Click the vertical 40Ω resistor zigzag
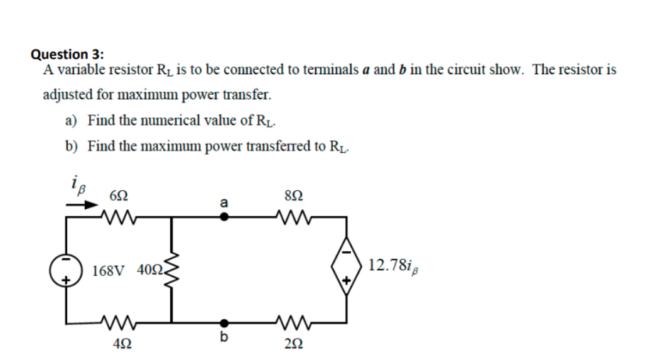tap(171, 271)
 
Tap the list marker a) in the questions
tap(72, 120)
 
